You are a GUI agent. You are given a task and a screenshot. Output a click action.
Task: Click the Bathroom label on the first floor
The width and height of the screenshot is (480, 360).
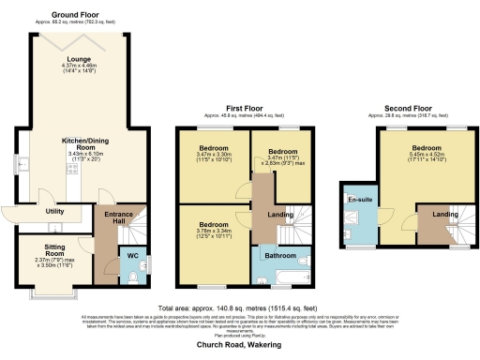(x=279, y=255)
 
